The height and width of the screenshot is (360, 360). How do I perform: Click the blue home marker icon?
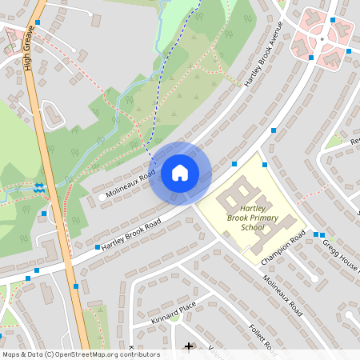click(x=180, y=173)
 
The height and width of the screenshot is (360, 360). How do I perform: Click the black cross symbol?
click(x=189, y=346)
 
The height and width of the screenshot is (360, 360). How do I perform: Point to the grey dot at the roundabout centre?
click(x=321, y=38)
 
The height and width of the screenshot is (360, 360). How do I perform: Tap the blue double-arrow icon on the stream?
click(x=38, y=188)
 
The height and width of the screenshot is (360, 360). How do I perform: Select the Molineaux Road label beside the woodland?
click(x=127, y=185)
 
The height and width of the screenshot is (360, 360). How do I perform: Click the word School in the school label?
click(x=252, y=227)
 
